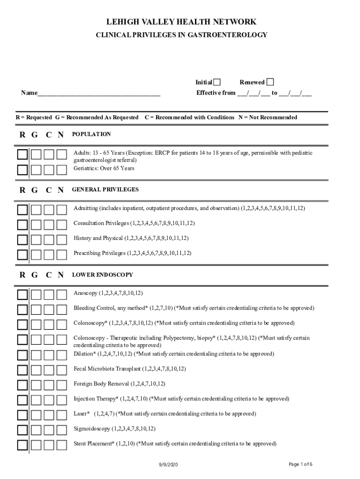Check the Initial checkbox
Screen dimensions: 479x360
click(x=217, y=82)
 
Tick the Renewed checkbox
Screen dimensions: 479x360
click(x=270, y=82)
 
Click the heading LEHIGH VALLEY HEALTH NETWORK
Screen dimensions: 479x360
click(x=181, y=22)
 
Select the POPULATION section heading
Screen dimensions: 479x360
click(x=92, y=134)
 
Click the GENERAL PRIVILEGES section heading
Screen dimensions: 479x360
click(x=105, y=189)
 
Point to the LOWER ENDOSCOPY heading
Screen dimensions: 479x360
click(x=102, y=275)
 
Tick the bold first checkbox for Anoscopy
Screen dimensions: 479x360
click(x=22, y=295)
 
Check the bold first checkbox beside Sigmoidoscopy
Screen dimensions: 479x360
click(x=22, y=430)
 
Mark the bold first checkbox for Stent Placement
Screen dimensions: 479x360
click(x=22, y=445)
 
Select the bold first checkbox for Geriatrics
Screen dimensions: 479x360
click(x=22, y=170)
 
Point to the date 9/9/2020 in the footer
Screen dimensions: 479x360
click(x=168, y=464)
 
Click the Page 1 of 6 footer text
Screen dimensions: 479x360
click(x=300, y=464)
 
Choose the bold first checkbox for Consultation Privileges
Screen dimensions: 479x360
click(x=22, y=225)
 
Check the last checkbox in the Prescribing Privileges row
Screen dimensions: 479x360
click(x=62, y=255)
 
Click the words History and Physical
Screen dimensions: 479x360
click(x=98, y=238)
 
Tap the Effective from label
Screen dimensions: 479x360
click(x=216, y=93)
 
